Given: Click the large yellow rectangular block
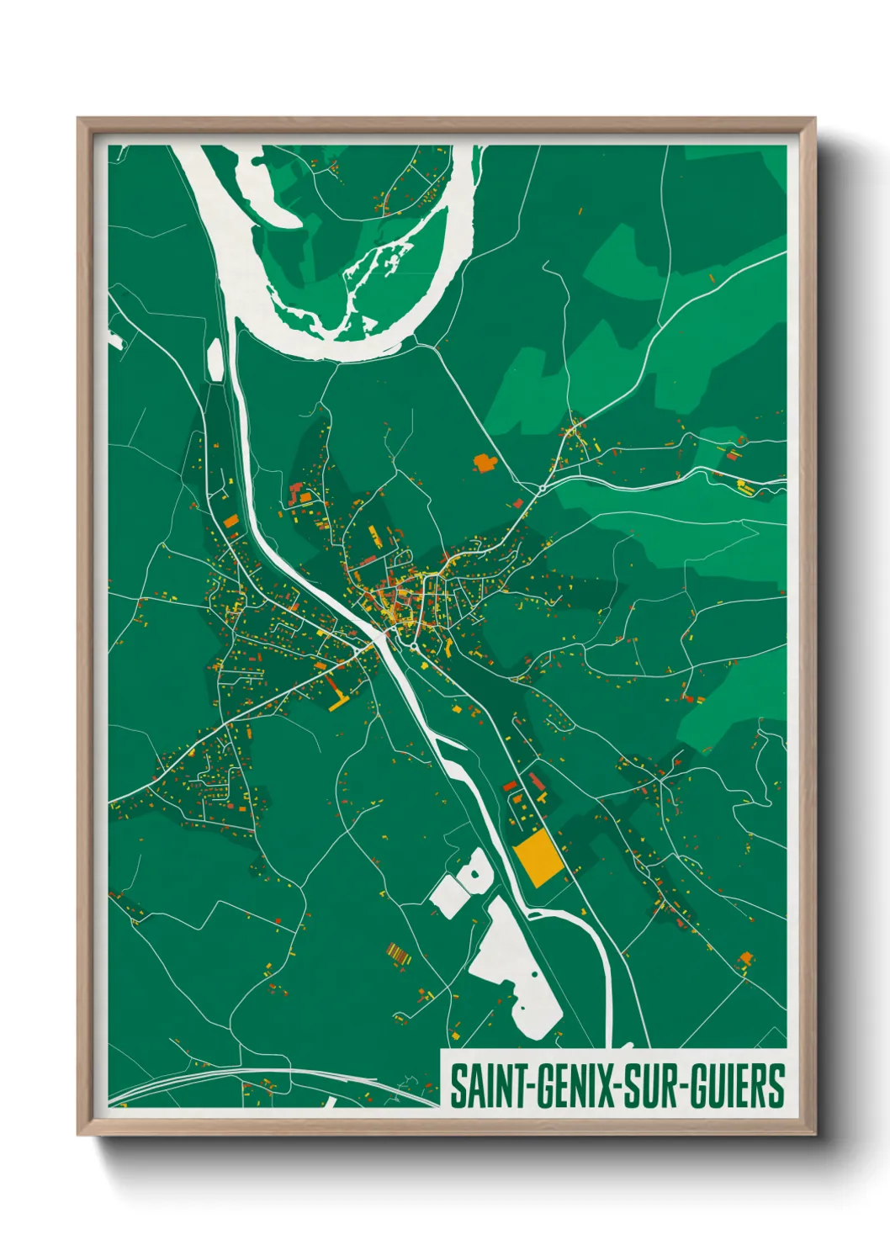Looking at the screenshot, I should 538,857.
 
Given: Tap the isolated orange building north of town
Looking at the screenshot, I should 485,463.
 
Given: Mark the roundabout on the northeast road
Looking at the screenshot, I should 543,487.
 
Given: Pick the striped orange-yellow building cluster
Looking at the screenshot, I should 397,954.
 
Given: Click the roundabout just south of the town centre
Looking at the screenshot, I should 414,646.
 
